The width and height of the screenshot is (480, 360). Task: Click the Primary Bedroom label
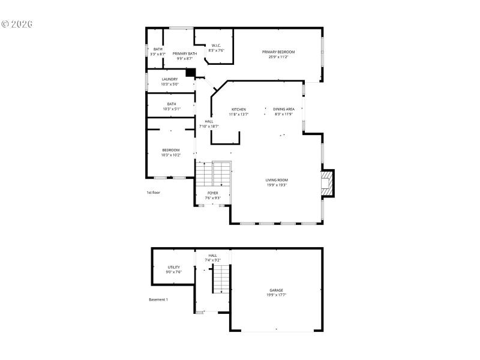(x=278, y=52)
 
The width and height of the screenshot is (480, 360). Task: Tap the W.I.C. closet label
(x=216, y=46)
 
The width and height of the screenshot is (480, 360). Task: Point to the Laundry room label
(x=170, y=79)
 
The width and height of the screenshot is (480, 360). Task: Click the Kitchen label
(x=239, y=109)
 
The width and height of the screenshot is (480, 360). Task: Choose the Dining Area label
(x=284, y=109)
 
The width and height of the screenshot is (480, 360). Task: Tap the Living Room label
(x=277, y=180)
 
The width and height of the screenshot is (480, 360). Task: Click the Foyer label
(x=213, y=193)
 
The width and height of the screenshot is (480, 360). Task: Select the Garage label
(x=276, y=290)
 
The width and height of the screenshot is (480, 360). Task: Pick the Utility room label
(x=173, y=267)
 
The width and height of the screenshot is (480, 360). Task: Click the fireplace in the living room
(x=326, y=183)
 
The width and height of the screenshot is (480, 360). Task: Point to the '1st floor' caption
(x=154, y=193)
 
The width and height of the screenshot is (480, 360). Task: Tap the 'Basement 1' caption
(x=158, y=299)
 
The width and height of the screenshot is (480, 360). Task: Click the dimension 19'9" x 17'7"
(x=276, y=295)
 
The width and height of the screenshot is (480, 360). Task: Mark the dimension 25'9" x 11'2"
(x=278, y=57)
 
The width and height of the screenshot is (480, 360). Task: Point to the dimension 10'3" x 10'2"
(x=171, y=155)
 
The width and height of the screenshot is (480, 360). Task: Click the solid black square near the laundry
(x=191, y=73)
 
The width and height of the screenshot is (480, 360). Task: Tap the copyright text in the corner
(x=17, y=24)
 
